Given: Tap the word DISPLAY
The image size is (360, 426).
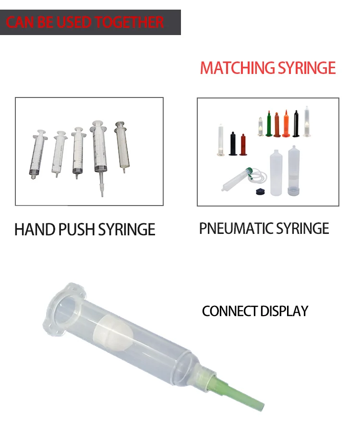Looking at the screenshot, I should (x=284, y=311).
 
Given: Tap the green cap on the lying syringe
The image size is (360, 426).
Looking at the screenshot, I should (x=249, y=170).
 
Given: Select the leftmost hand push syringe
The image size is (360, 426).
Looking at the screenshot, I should (x=37, y=154).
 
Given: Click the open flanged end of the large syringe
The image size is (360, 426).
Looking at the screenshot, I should (x=65, y=308).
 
